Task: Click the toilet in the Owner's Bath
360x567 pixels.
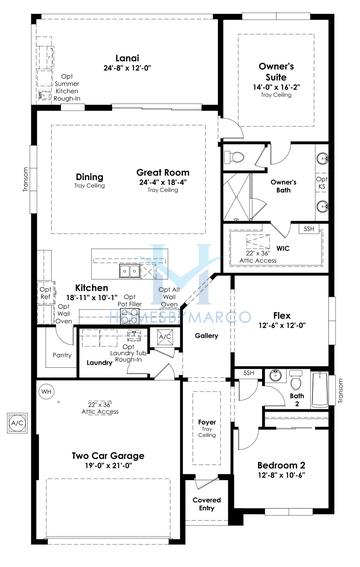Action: coord(231,157)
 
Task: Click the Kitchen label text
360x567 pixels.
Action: coord(91,287)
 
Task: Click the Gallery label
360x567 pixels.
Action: coord(207,335)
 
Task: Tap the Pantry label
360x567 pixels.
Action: coord(60,354)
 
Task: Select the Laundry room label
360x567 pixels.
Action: coord(98,362)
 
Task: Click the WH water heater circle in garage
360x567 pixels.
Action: coord(45,393)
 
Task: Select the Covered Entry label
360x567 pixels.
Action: coord(207,505)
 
